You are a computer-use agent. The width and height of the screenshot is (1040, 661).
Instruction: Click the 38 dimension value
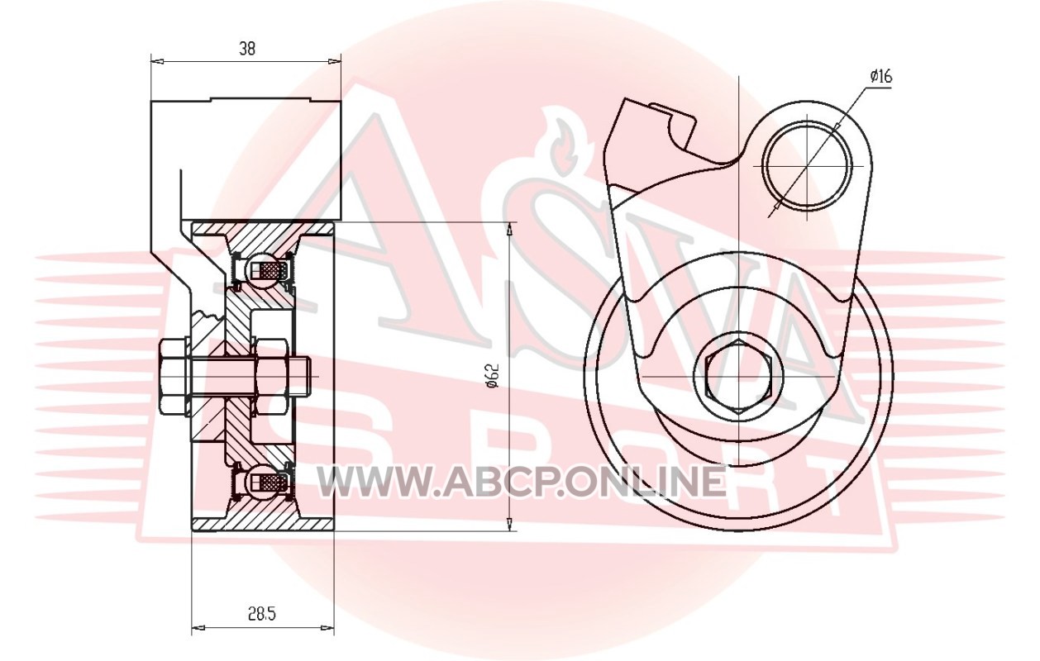(247, 48)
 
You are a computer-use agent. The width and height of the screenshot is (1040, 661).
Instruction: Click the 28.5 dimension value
(261, 614)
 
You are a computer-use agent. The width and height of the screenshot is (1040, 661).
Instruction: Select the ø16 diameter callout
(881, 76)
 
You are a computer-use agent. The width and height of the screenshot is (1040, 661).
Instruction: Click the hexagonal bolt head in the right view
(738, 377)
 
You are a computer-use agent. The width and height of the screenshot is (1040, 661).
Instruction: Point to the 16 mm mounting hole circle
(808, 166)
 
